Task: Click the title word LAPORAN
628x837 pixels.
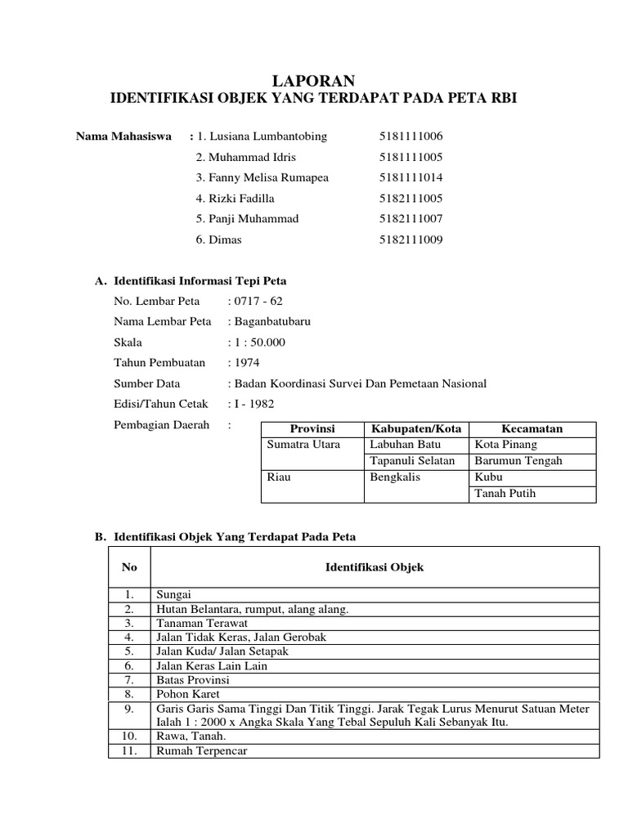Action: pos(314,79)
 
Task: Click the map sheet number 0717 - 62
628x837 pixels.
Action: pos(258,301)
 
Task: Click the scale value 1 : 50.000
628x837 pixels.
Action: pos(259,342)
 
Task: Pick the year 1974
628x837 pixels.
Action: pos(247,363)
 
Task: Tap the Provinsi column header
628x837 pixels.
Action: pos(312,429)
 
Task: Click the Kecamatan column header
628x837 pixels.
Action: pos(532,429)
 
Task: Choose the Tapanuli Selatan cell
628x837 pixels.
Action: pos(412,461)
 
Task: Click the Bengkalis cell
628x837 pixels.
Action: pos(395,477)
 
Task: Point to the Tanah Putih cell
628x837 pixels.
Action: pos(505,494)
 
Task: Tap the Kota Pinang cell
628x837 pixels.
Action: pos(505,445)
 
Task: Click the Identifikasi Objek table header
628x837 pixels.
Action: pos(375,567)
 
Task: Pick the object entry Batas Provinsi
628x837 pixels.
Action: pos(192,680)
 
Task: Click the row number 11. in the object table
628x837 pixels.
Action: pos(129,751)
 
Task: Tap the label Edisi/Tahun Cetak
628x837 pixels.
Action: pos(161,404)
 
